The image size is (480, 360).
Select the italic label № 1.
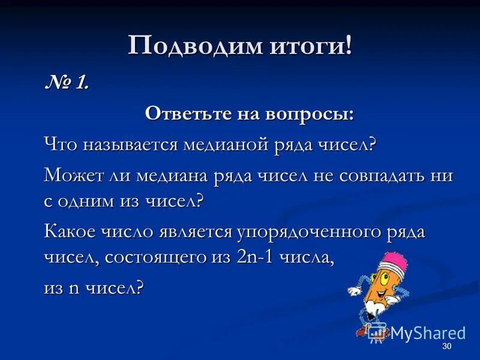click(x=67, y=83)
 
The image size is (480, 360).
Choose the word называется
click(x=130, y=145)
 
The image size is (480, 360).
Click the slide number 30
click(x=446, y=347)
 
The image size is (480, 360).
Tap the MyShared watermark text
click(x=428, y=333)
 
